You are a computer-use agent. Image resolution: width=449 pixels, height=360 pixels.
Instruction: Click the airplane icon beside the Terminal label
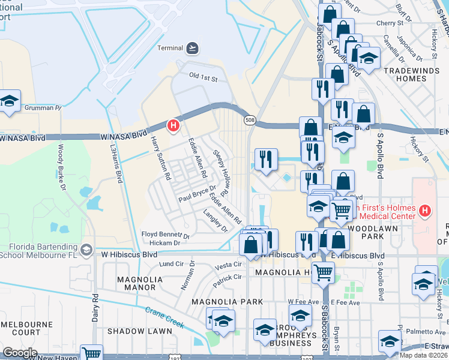tap(193, 47)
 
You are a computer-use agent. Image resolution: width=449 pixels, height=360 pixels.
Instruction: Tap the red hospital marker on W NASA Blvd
tap(173, 125)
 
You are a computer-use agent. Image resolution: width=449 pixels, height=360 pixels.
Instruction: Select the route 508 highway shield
tap(249, 121)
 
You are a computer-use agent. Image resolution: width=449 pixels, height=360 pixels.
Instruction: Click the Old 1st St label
tap(203, 77)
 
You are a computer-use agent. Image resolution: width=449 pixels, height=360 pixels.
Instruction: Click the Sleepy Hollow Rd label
tap(220, 173)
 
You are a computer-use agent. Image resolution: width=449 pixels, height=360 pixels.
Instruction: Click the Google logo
tap(20, 353)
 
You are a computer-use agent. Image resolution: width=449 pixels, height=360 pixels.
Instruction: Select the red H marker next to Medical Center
tap(425, 211)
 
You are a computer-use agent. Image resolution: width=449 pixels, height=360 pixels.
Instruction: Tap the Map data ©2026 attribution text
tap(424, 355)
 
